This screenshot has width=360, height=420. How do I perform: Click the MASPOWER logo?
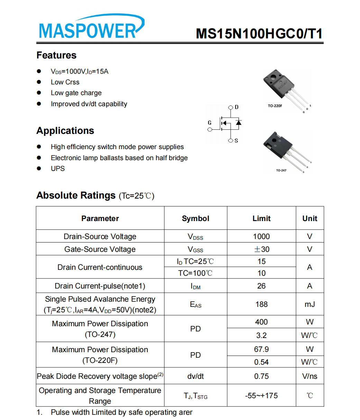(91, 28)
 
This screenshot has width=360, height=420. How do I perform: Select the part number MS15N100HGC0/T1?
(259, 34)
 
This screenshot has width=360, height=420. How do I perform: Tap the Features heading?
(56, 55)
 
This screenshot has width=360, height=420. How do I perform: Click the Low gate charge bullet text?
(76, 93)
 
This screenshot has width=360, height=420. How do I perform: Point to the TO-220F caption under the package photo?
(275, 106)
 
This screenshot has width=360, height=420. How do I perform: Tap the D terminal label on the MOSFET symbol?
(237, 107)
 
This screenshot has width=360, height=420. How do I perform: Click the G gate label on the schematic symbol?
(210, 123)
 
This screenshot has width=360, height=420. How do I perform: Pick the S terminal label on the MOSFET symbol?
(236, 141)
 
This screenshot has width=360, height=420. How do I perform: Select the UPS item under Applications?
(58, 168)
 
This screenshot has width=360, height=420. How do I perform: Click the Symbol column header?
(195, 219)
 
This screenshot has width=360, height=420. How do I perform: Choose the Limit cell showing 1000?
(261, 237)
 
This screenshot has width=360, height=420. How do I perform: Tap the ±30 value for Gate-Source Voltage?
(261, 249)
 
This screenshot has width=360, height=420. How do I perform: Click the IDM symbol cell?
(195, 286)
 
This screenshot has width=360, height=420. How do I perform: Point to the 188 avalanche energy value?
(261, 304)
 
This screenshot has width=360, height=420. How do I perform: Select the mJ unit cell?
(310, 304)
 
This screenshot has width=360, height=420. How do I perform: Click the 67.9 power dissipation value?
(261, 349)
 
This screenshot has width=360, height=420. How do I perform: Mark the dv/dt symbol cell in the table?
(195, 376)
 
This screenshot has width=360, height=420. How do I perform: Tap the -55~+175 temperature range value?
(261, 396)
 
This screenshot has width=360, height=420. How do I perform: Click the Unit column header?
(310, 219)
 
